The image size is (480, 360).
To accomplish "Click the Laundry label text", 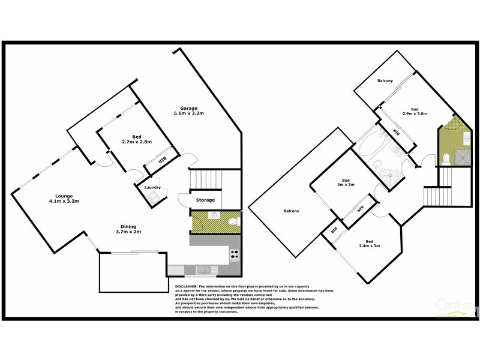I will pos(153,188).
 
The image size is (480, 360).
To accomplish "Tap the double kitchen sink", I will pos(203,270).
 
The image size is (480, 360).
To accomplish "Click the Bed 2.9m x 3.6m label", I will pos(415,110).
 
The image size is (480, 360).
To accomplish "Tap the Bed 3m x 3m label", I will pos(345,183).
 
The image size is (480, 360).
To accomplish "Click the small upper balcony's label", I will pos(385,81).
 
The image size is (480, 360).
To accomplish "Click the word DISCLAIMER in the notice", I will pos(188,287).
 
